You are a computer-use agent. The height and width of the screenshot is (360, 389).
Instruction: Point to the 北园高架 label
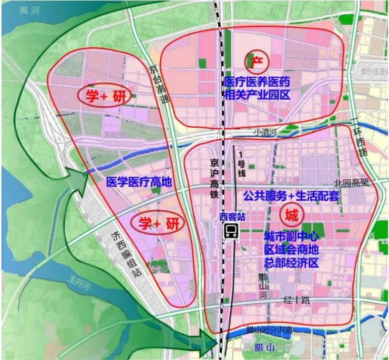click(349, 184)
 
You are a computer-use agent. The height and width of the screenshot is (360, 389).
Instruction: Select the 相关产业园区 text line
click(258, 96)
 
